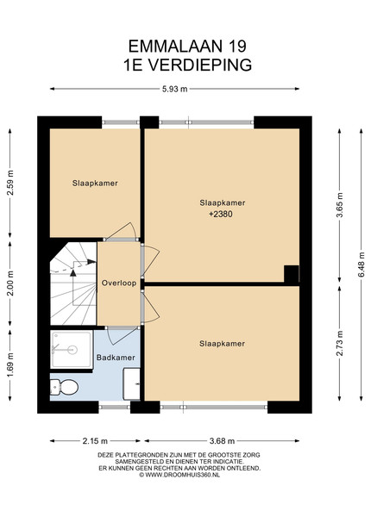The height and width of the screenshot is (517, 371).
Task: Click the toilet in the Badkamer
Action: [x=64, y=386]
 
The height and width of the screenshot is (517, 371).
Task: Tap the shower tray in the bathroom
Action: [x=72, y=350]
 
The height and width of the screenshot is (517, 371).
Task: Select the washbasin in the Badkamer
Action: [x=132, y=384]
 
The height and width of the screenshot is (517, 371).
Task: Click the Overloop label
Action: [x=119, y=283]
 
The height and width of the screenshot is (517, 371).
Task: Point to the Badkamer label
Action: [x=116, y=358]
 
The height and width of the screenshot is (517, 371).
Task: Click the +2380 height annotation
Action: [x=221, y=214]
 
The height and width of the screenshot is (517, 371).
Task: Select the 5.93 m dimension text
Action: [x=174, y=89]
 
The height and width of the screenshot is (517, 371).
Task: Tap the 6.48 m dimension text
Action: [x=362, y=265]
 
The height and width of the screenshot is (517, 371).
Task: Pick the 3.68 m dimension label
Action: [x=222, y=441]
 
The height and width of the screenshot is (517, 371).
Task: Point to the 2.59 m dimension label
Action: [x=10, y=183]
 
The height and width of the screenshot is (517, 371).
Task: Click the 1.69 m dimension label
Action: [x=10, y=365]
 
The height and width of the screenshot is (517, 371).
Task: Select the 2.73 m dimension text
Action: [x=340, y=343]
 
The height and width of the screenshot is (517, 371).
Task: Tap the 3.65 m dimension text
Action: [x=340, y=205]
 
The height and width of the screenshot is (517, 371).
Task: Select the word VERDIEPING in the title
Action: [x=199, y=65]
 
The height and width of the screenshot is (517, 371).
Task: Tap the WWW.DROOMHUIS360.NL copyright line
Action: [x=179, y=475]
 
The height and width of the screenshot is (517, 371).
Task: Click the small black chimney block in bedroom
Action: [x=292, y=274]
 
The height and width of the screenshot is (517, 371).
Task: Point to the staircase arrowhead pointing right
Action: [x=91, y=262]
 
